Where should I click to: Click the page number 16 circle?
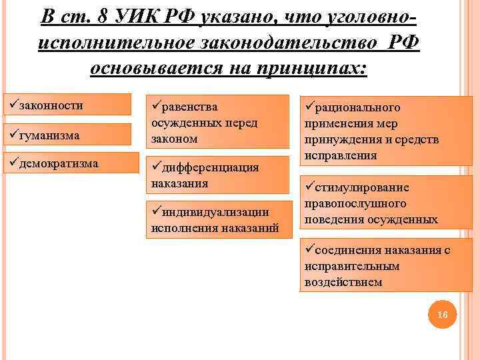tap(441, 314)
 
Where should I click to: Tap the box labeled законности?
tap(67, 105)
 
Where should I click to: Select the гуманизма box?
tap(67, 135)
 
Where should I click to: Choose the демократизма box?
tap(67, 163)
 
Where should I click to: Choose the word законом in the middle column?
tap(175, 139)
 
